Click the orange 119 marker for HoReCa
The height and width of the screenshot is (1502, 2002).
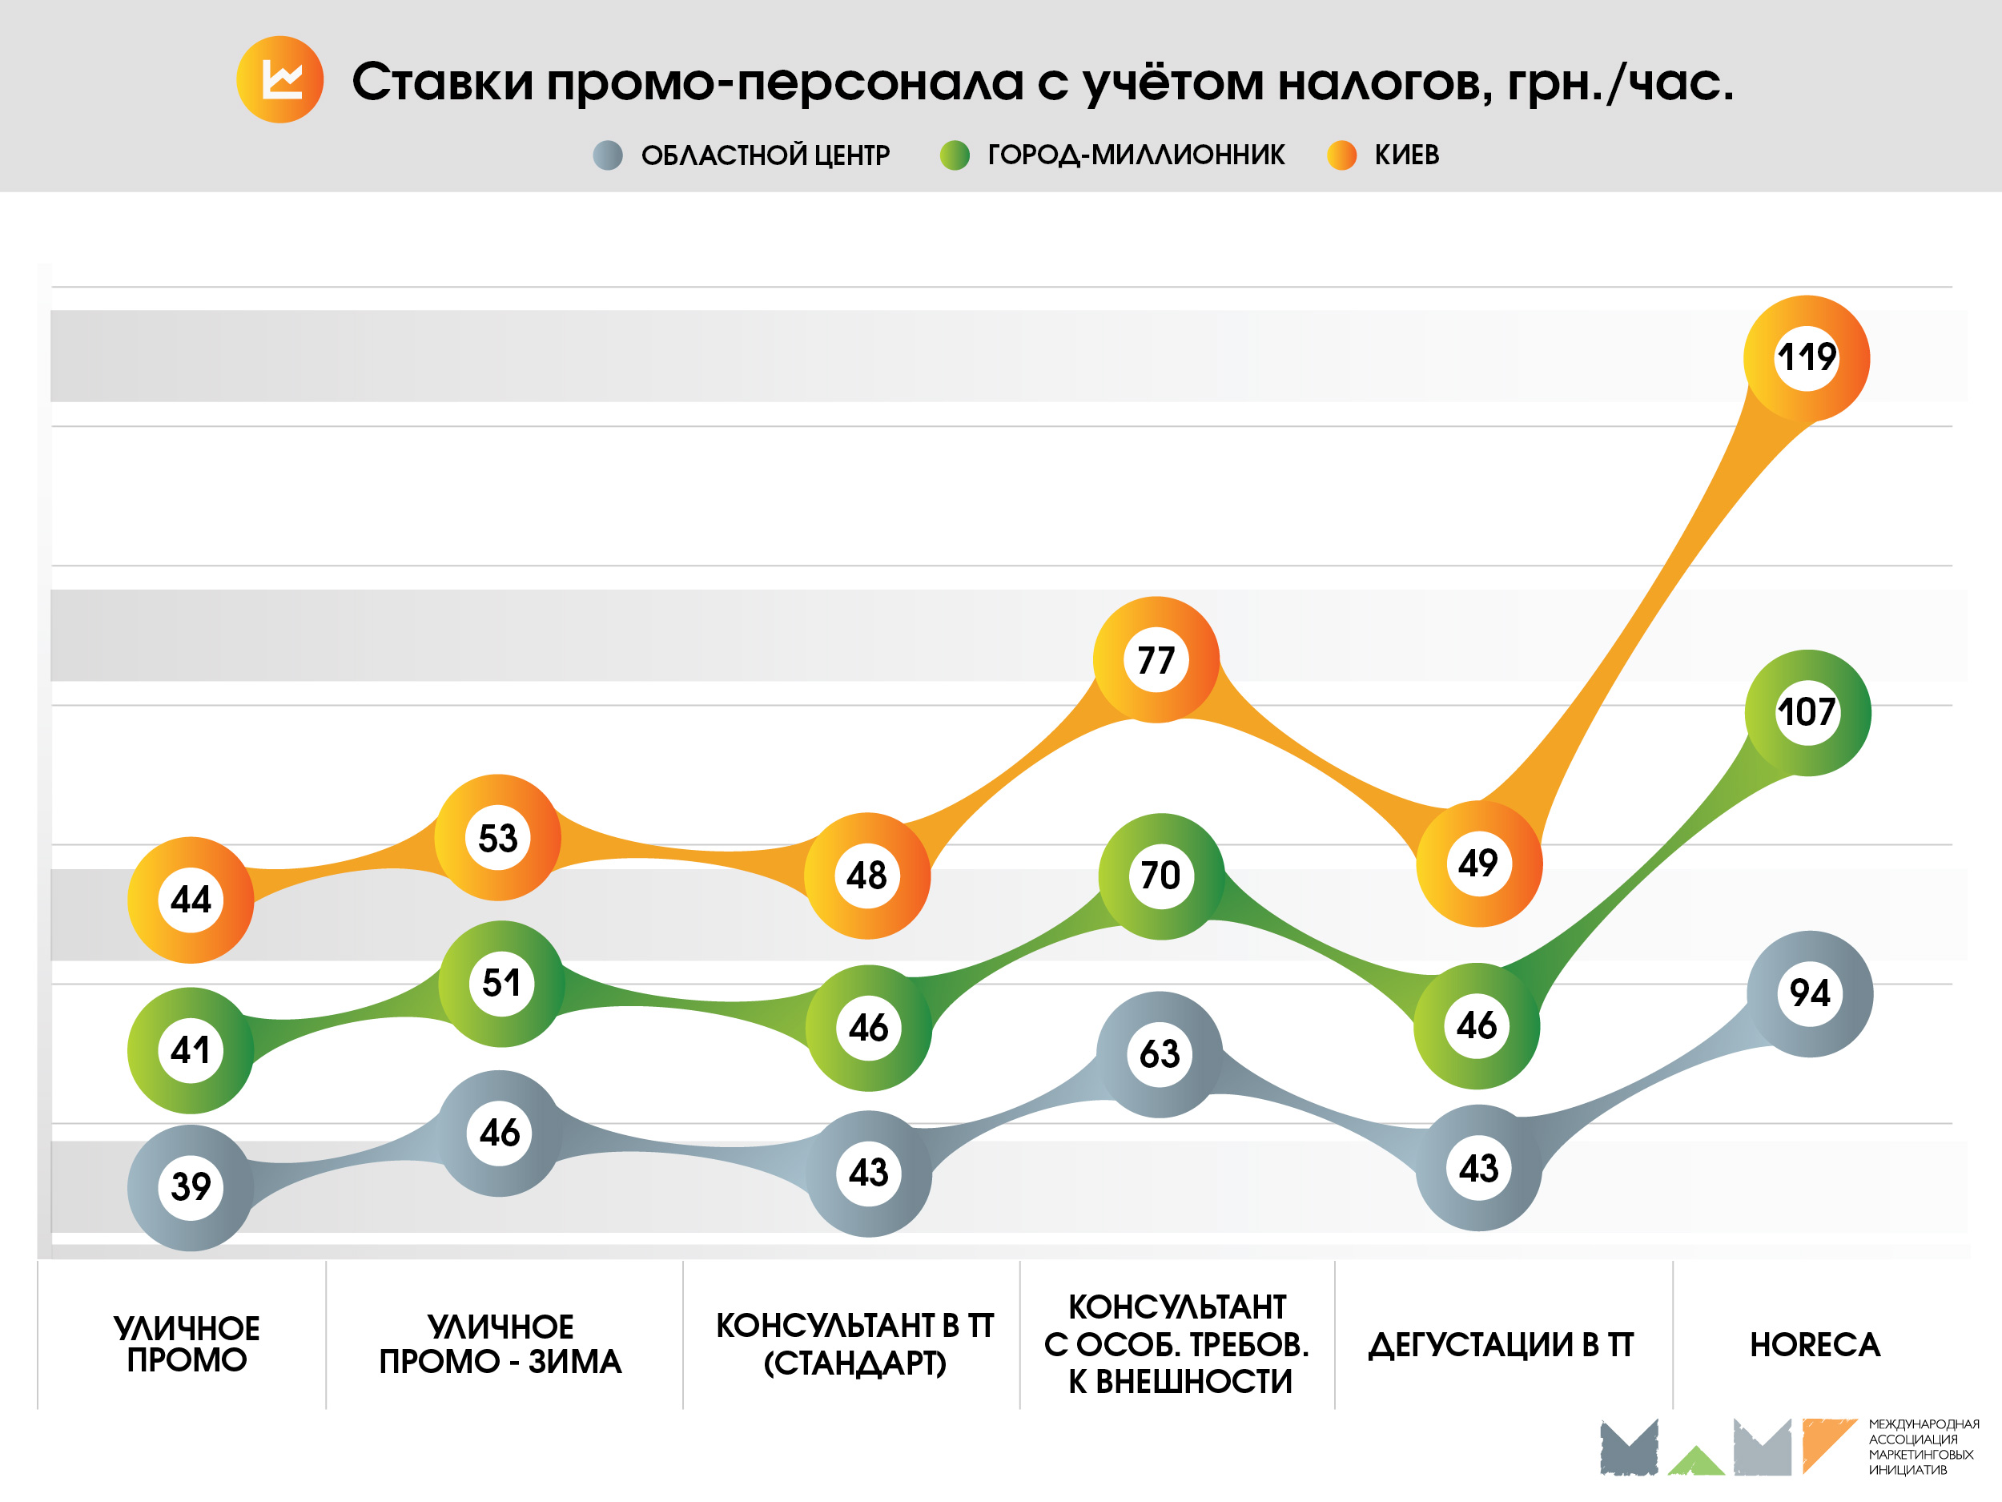(1807, 357)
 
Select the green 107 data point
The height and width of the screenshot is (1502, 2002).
(1807, 712)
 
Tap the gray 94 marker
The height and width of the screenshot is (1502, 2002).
(1809, 993)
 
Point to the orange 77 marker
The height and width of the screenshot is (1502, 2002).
(1156, 660)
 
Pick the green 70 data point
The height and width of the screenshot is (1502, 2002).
(1160, 876)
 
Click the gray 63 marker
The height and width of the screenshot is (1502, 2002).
(1160, 1054)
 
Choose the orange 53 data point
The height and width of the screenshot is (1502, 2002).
(498, 837)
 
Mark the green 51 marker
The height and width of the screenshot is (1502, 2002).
(501, 983)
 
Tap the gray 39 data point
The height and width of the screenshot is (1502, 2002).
(191, 1187)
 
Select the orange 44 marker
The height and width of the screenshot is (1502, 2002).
(191, 900)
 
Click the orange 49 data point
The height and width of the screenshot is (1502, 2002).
(1478, 863)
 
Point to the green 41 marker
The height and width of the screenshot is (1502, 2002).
(191, 1050)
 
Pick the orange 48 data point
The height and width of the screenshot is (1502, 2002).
(867, 876)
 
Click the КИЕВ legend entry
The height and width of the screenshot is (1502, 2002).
(1405, 155)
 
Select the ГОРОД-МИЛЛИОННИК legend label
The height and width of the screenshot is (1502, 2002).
(1135, 155)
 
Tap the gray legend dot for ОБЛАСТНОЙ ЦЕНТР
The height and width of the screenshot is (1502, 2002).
(607, 155)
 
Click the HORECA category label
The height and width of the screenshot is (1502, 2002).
(1815, 1344)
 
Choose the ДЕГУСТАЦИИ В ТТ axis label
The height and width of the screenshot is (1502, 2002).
(1501, 1344)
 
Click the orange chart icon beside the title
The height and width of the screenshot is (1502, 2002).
(279, 79)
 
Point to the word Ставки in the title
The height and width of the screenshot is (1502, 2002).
(443, 82)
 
